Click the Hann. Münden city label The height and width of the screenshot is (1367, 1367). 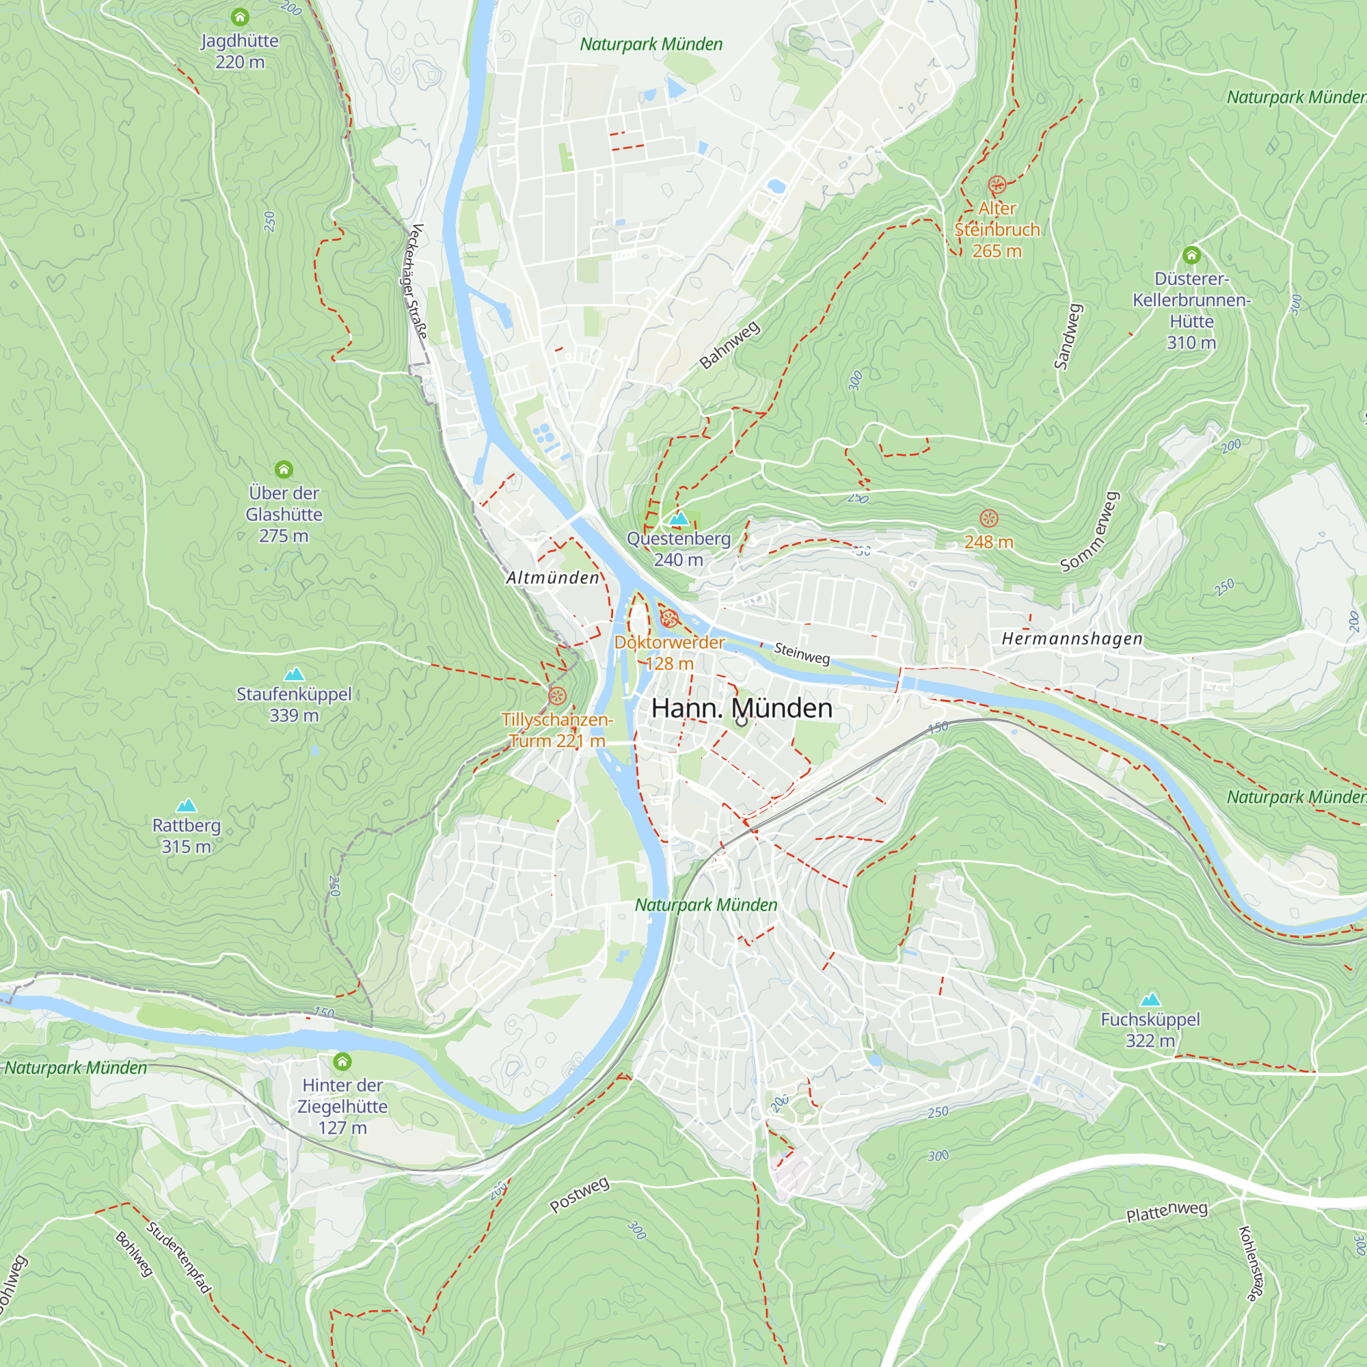(742, 708)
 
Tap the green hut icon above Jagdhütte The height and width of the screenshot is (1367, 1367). (240, 16)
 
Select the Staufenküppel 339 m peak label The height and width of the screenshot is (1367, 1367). (294, 704)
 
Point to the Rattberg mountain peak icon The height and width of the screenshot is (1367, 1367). (186, 805)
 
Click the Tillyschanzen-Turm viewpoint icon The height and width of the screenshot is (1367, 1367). (558, 696)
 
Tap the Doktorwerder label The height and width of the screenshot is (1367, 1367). (668, 642)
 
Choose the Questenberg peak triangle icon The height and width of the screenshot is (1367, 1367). (679, 519)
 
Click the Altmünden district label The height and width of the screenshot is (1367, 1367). (552, 578)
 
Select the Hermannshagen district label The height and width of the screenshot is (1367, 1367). (1072, 638)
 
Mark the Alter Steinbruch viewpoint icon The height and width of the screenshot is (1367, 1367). (997, 185)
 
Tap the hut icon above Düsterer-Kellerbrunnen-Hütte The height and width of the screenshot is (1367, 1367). (1191, 255)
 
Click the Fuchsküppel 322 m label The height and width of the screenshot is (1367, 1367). (1150, 1029)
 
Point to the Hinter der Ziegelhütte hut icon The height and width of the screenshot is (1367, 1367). (342, 1061)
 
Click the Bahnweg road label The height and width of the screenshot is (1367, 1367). (729, 344)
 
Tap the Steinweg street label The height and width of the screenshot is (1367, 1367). (802, 652)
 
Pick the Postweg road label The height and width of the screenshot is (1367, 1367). (580, 1194)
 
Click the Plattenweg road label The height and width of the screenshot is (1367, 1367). (1167, 1212)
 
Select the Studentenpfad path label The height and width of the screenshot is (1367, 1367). (178, 1258)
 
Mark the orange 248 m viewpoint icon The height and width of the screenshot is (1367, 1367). (988, 519)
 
